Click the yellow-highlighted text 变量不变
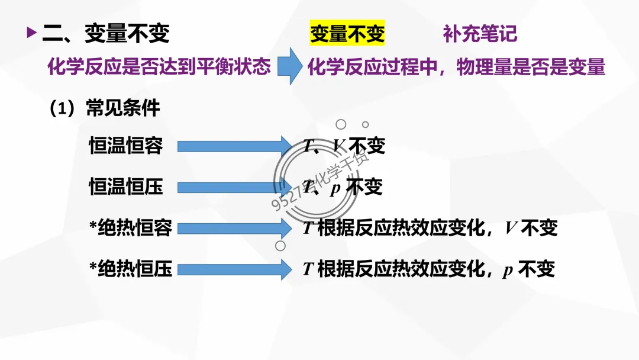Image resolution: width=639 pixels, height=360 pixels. (x=347, y=34)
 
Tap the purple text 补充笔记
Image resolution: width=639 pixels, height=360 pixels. (x=480, y=34)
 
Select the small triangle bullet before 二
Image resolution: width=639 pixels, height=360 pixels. (x=31, y=33)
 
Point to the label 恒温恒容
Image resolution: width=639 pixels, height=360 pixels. (x=126, y=145)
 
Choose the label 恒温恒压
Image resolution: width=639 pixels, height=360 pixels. (x=126, y=187)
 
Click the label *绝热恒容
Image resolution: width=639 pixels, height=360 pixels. (x=130, y=228)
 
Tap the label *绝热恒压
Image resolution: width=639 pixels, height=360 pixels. (x=130, y=269)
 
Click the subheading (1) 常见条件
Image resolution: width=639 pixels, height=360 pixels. (x=105, y=108)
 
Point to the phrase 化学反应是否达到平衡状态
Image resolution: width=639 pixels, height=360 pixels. (x=159, y=66)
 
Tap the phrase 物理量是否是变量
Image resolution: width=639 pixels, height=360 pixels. (x=531, y=67)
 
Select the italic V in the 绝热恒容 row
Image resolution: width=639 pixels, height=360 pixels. (x=511, y=228)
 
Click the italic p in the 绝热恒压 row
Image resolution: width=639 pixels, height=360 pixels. (x=508, y=271)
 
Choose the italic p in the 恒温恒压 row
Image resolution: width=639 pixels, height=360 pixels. (x=335, y=188)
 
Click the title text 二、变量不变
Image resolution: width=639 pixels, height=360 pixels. (x=106, y=34)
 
